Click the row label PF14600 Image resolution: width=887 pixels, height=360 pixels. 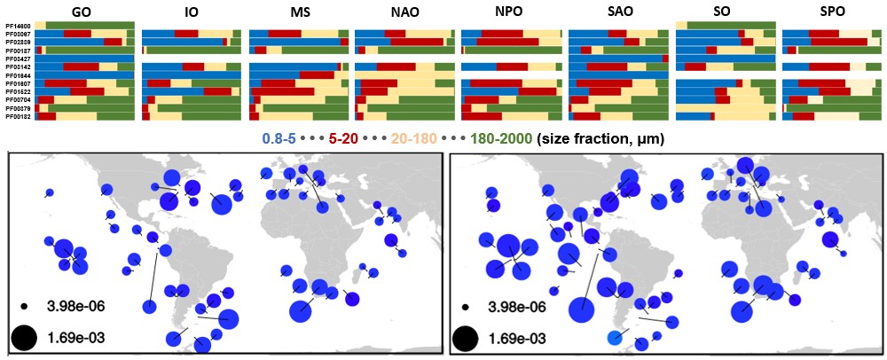(19, 26)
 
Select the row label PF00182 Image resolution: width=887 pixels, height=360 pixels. (19, 116)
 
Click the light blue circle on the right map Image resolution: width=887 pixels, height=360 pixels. (614, 337)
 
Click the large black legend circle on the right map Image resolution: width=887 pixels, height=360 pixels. (466, 338)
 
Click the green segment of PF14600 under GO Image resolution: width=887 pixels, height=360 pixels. (89, 25)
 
